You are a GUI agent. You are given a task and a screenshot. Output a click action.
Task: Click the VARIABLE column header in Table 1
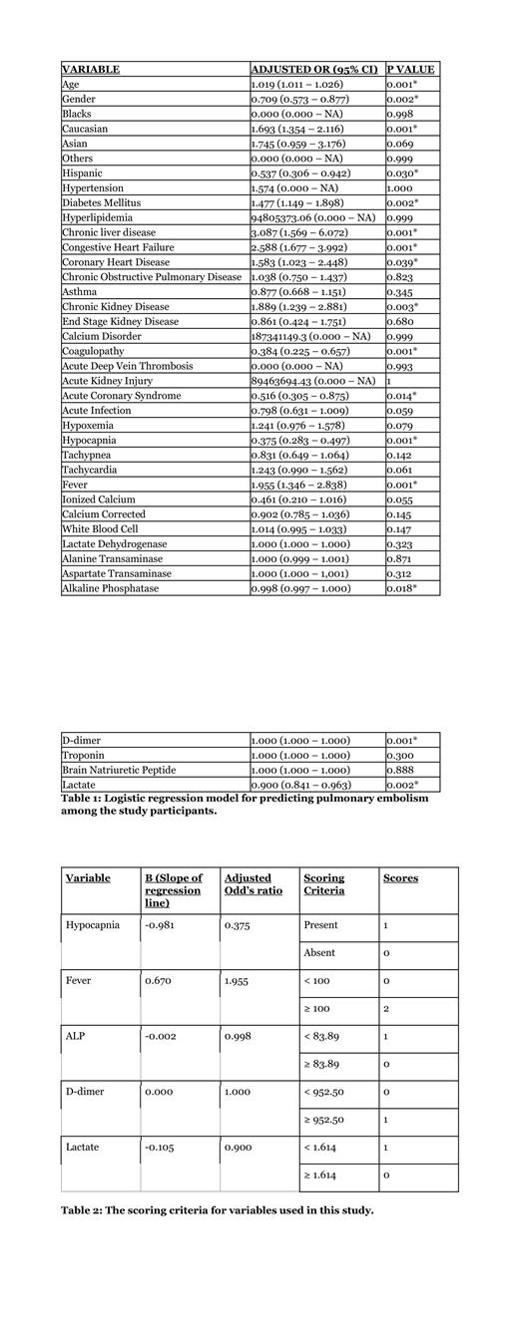point(91,70)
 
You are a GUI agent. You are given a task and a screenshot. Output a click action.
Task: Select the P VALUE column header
point(410,70)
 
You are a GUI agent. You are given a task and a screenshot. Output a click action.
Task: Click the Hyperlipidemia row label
point(97,217)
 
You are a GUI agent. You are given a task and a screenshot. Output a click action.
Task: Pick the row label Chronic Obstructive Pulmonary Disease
point(152,276)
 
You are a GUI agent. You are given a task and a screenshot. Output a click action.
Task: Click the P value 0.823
point(401,276)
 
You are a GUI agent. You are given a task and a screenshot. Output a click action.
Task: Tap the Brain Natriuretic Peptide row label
point(119,771)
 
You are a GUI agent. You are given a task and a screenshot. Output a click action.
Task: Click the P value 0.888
point(401,771)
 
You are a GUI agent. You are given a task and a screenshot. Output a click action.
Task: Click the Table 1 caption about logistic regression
point(245,805)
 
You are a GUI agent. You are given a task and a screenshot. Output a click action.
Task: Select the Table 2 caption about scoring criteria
point(218,1210)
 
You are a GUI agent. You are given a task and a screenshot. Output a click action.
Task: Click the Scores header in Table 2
point(400,878)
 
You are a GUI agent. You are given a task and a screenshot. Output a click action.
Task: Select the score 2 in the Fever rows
point(385,1008)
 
